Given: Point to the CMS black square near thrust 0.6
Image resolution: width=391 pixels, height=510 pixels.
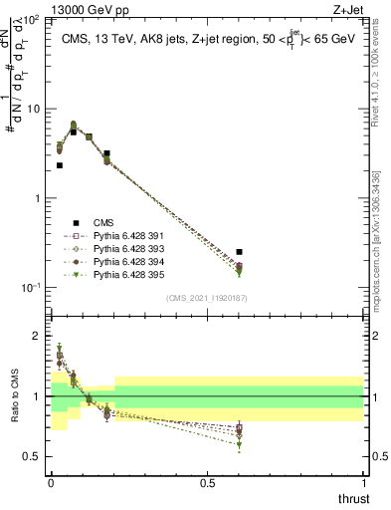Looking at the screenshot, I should pos(239,252).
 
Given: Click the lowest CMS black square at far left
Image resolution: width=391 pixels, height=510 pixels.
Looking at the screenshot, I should pos(60,165).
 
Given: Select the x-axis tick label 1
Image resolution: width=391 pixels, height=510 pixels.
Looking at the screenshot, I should pos(363,482).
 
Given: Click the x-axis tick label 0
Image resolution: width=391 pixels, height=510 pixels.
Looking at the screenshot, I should pos(51,482).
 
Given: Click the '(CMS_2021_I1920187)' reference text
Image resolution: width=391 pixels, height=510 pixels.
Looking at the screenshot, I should pos(207,297).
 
